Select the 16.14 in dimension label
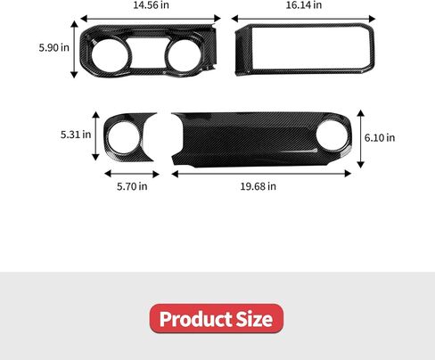coord(304,5)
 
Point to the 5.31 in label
coord(76,135)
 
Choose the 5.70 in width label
coord(131,186)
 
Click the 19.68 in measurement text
coord(259,186)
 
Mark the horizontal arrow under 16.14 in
coord(303,18)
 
